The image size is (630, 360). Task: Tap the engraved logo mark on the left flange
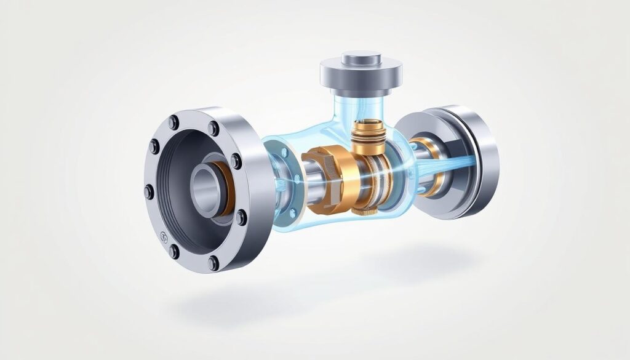click(x=164, y=237)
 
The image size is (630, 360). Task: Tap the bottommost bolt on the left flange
click(x=213, y=263)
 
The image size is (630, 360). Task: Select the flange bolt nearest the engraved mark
click(x=174, y=252)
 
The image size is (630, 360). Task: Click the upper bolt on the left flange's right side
click(x=236, y=161)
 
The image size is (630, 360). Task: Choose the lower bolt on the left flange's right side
click(x=241, y=217)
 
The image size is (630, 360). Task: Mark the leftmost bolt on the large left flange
click(x=149, y=193)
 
